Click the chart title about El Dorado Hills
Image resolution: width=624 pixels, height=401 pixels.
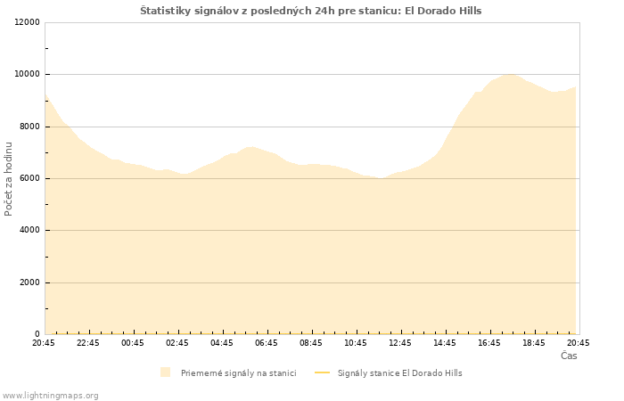(311, 11)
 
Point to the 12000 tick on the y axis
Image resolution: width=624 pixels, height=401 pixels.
(27, 22)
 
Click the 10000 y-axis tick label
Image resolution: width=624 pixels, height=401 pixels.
(27, 74)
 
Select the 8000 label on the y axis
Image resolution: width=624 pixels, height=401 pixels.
(29, 127)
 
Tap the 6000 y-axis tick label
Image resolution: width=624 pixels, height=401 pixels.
(29, 178)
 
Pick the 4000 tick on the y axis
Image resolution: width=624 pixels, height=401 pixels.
(29, 230)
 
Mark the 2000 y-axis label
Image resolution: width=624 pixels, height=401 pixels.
(29, 282)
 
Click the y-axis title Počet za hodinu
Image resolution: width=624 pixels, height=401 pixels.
(8, 179)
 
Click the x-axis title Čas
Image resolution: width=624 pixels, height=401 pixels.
(569, 356)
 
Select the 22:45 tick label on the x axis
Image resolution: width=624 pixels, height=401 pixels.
(88, 343)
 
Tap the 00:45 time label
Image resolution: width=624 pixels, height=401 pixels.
(133, 343)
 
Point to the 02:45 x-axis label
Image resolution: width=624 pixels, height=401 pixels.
(177, 343)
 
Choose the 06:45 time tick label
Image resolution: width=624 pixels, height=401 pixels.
(267, 343)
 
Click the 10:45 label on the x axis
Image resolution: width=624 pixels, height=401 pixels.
(356, 343)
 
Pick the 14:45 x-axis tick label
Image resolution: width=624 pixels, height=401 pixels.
(445, 343)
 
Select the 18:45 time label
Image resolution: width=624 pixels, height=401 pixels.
(534, 343)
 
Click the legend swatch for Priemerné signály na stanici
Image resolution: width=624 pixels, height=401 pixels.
(166, 372)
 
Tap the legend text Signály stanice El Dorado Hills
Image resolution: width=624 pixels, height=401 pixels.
(400, 373)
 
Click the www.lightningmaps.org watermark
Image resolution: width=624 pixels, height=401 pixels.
(50, 396)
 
